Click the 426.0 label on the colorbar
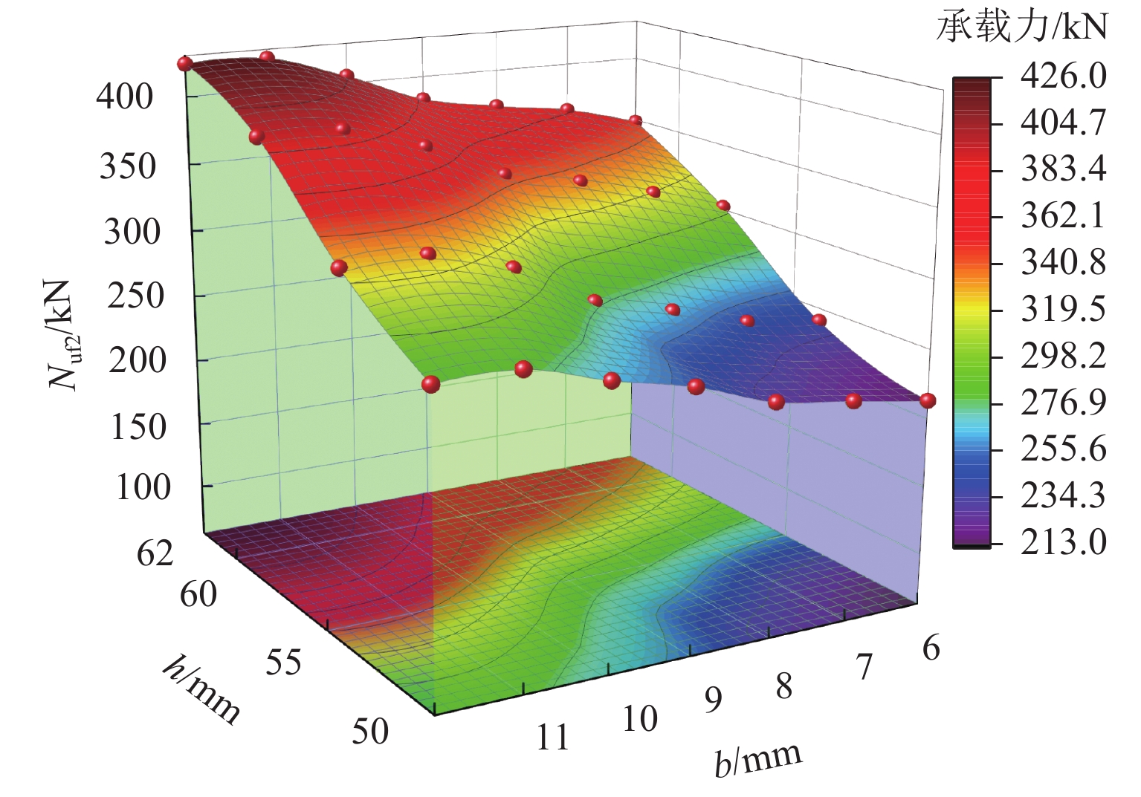[x=1062, y=77]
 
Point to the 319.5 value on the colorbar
[x=1062, y=309]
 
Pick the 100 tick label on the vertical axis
[x=143, y=487]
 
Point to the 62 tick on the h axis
[x=155, y=554]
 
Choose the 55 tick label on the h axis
[x=283, y=661]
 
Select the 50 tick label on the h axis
[x=370, y=732]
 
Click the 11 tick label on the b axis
[x=552, y=738]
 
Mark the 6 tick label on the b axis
[x=931, y=648]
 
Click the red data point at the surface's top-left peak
[x=184, y=65]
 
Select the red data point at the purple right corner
[x=928, y=400]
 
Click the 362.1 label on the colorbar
[x=1062, y=216]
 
